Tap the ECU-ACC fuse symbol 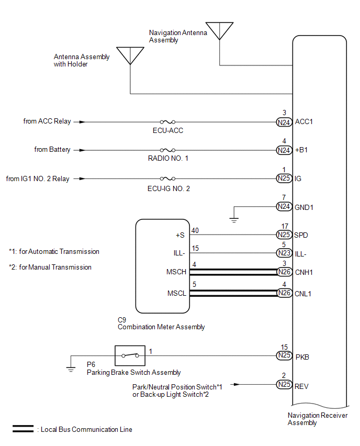[167, 122]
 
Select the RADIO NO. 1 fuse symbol [167, 150]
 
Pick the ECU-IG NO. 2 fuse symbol [167, 179]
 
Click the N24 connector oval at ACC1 [284, 122]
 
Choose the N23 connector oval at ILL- [284, 253]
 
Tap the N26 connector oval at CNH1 [284, 272]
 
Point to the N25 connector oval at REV [284, 385]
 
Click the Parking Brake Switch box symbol [130, 355]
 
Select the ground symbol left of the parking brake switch [71, 370]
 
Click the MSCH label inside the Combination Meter [176, 272]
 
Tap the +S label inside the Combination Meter [181, 235]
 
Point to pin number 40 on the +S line [195, 230]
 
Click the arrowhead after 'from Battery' [82, 150]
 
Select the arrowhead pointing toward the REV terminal [237, 385]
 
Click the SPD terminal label [301, 235]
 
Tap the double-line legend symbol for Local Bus [23, 429]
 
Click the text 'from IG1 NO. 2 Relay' [38, 179]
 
